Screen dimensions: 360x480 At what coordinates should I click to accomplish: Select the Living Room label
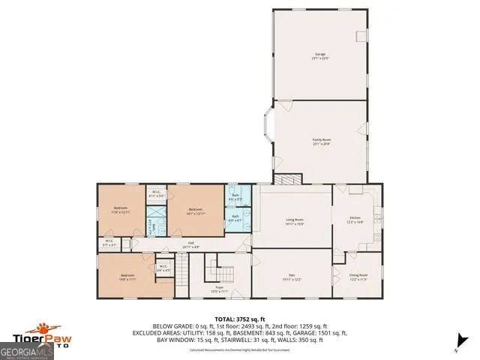click(x=294, y=221)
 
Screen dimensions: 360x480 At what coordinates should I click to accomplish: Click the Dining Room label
click(x=358, y=279)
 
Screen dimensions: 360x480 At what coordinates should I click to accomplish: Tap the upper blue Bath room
click(x=235, y=198)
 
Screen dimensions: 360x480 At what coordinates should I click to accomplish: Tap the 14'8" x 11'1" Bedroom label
click(x=127, y=277)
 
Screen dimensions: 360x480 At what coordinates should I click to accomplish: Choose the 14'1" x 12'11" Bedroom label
click(x=196, y=211)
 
